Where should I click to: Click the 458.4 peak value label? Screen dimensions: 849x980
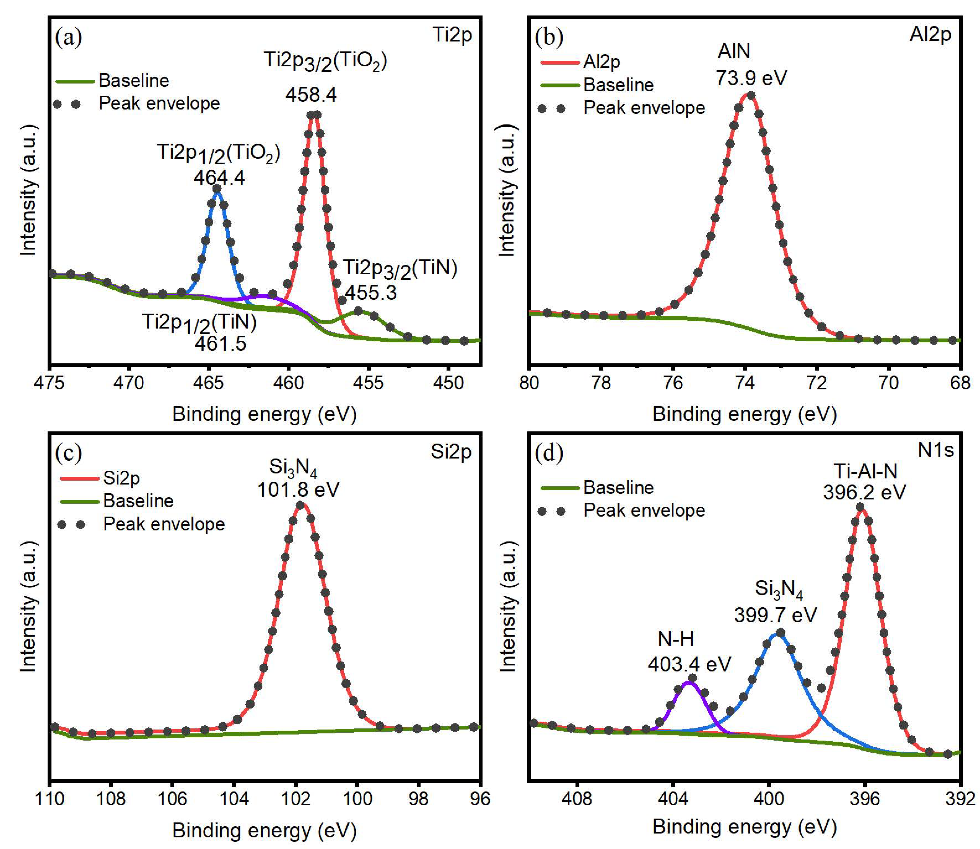pos(311,95)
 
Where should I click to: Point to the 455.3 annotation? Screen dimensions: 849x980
pos(370,293)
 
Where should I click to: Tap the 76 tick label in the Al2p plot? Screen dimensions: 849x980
pos(673,382)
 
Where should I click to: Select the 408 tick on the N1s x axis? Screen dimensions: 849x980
pos(576,798)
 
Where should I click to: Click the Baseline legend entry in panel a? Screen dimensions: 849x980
pos(134,80)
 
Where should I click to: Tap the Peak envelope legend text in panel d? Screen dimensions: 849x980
pos(644,510)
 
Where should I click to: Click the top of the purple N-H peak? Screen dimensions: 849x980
pos(689,682)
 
